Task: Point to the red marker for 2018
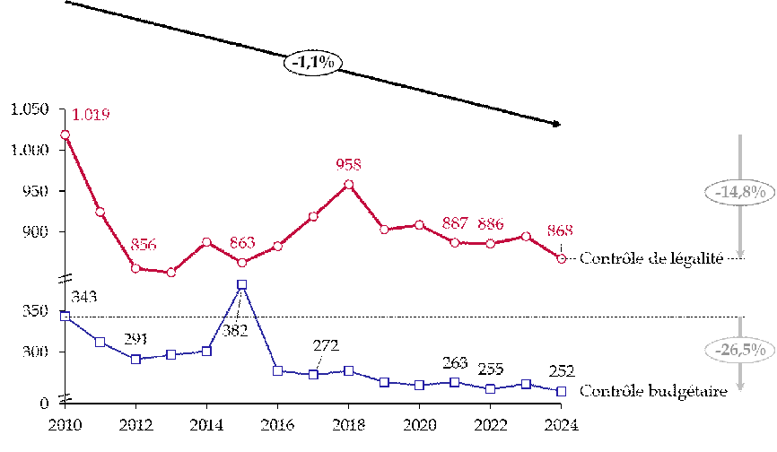point(349,185)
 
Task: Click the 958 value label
point(348,164)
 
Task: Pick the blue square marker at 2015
point(242,285)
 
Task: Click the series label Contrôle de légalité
point(651,258)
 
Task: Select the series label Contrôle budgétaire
point(651,391)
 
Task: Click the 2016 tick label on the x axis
point(277,423)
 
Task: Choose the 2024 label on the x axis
point(561,423)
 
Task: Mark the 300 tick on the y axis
point(33,352)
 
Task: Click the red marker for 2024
point(562,258)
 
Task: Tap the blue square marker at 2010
point(65,316)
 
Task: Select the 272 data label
point(326,345)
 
